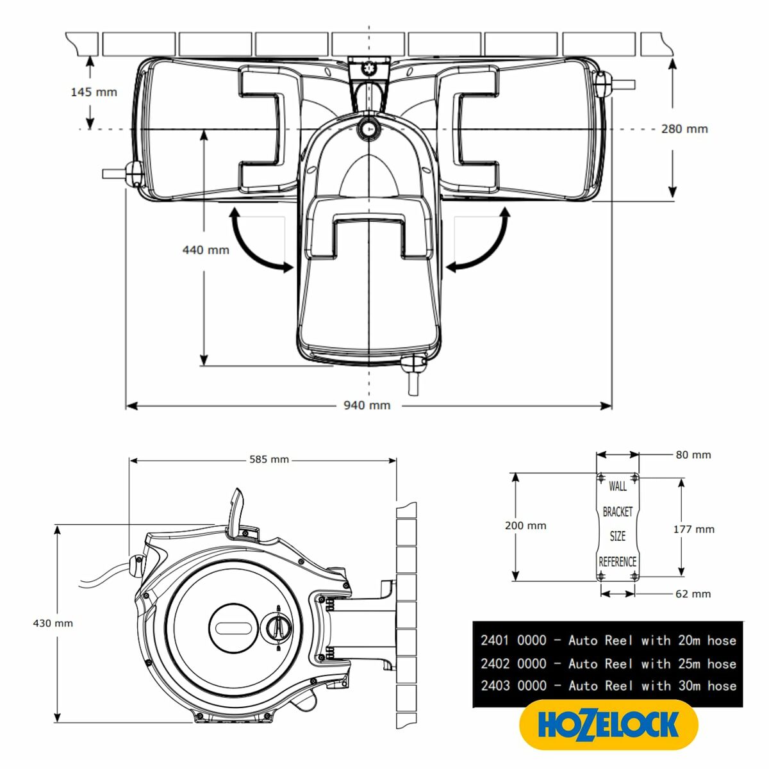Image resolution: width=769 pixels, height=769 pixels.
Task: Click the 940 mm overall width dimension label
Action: (367, 405)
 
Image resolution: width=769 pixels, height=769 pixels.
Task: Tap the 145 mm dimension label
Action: (94, 92)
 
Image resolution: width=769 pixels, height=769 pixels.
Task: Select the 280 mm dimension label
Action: (684, 129)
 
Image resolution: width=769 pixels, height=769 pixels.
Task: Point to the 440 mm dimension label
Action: (206, 249)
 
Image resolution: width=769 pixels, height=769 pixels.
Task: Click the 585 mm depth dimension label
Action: (269, 459)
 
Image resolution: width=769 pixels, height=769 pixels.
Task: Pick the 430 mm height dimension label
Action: (53, 623)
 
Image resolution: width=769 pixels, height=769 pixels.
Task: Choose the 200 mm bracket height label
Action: (525, 525)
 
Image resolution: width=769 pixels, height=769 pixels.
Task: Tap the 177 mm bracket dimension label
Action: (693, 529)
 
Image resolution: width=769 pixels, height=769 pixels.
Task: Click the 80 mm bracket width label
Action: (693, 455)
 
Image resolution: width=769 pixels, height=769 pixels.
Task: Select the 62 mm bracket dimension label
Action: (693, 594)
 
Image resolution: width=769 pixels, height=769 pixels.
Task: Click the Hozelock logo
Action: (608, 725)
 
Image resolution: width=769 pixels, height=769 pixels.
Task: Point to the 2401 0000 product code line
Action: (608, 640)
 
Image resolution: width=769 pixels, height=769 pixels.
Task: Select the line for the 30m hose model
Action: (608, 686)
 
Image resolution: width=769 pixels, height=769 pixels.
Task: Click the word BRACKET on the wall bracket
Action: (618, 511)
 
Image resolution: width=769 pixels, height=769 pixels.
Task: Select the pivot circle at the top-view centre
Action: (369, 129)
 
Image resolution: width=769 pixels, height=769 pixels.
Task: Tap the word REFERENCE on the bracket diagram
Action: (618, 562)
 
